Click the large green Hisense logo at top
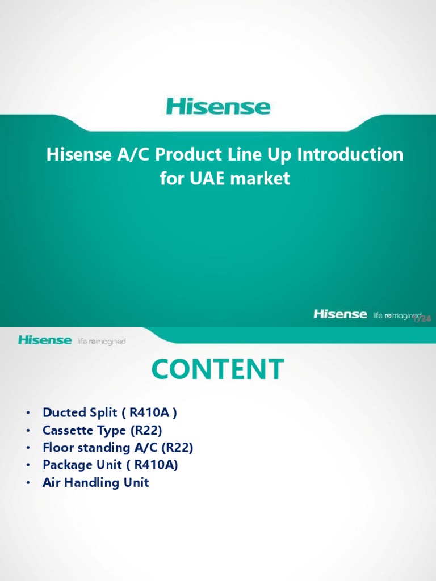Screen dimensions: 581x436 [x=218, y=107]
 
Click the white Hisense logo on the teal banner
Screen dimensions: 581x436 [x=340, y=314]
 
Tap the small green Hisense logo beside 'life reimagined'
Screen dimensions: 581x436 [x=45, y=340]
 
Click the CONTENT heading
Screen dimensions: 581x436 [x=218, y=369]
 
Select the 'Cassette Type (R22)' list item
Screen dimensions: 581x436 [x=102, y=430]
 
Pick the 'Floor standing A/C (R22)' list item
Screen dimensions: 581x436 [x=118, y=448]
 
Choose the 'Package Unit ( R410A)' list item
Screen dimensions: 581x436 [x=110, y=465]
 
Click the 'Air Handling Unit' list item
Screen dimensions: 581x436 [x=95, y=483]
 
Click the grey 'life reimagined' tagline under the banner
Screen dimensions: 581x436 [x=102, y=342]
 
